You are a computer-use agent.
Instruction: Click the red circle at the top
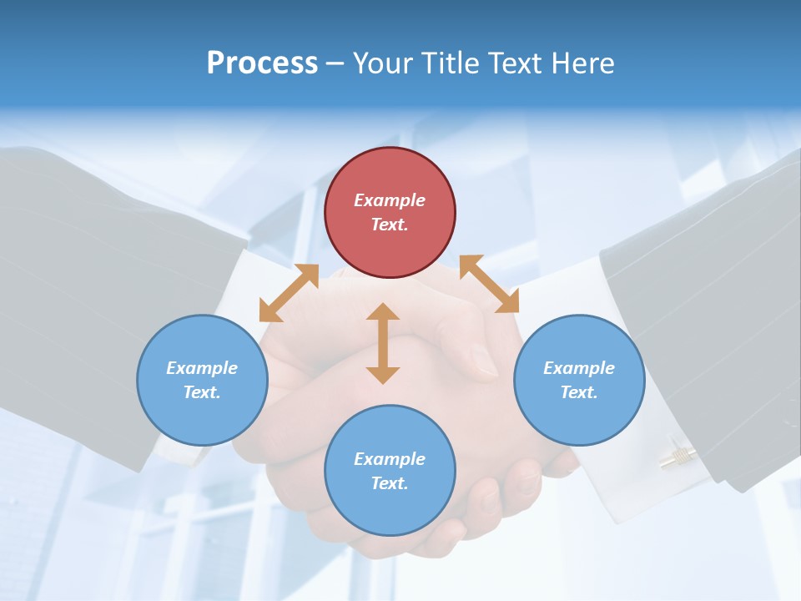tap(390, 212)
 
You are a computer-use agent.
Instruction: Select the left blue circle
tap(202, 380)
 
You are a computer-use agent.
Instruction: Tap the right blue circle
tap(579, 380)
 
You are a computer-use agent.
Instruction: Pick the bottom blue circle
tap(390, 471)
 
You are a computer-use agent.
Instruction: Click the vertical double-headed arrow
tap(383, 343)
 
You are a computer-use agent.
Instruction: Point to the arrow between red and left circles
tap(289, 292)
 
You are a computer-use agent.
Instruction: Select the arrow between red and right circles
tap(489, 284)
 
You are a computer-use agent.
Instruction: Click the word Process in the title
tap(262, 63)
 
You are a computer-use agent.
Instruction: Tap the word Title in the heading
tap(451, 63)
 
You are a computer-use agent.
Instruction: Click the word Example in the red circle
tap(390, 200)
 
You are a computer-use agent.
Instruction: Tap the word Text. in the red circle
tap(390, 225)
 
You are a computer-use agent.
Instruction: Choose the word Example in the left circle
tap(202, 368)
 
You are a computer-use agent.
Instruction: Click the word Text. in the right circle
tap(579, 392)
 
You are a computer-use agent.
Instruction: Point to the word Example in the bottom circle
tap(390, 459)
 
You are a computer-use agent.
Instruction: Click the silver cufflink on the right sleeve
tap(678, 456)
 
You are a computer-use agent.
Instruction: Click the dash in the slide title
tap(335, 63)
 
